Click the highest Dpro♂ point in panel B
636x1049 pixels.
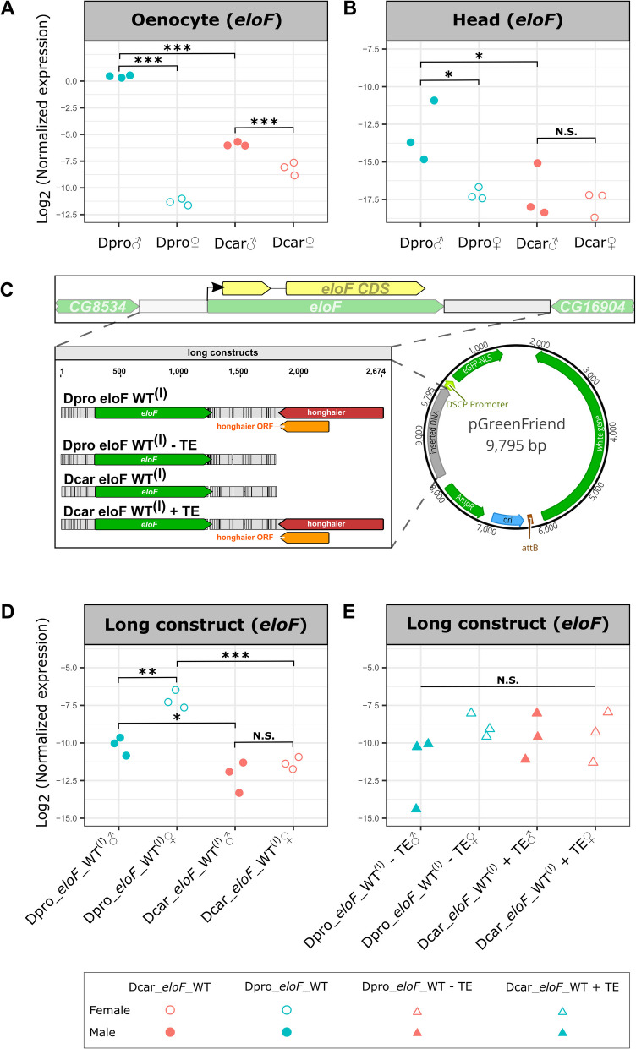point(434,100)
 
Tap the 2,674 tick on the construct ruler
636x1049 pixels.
point(372,371)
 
